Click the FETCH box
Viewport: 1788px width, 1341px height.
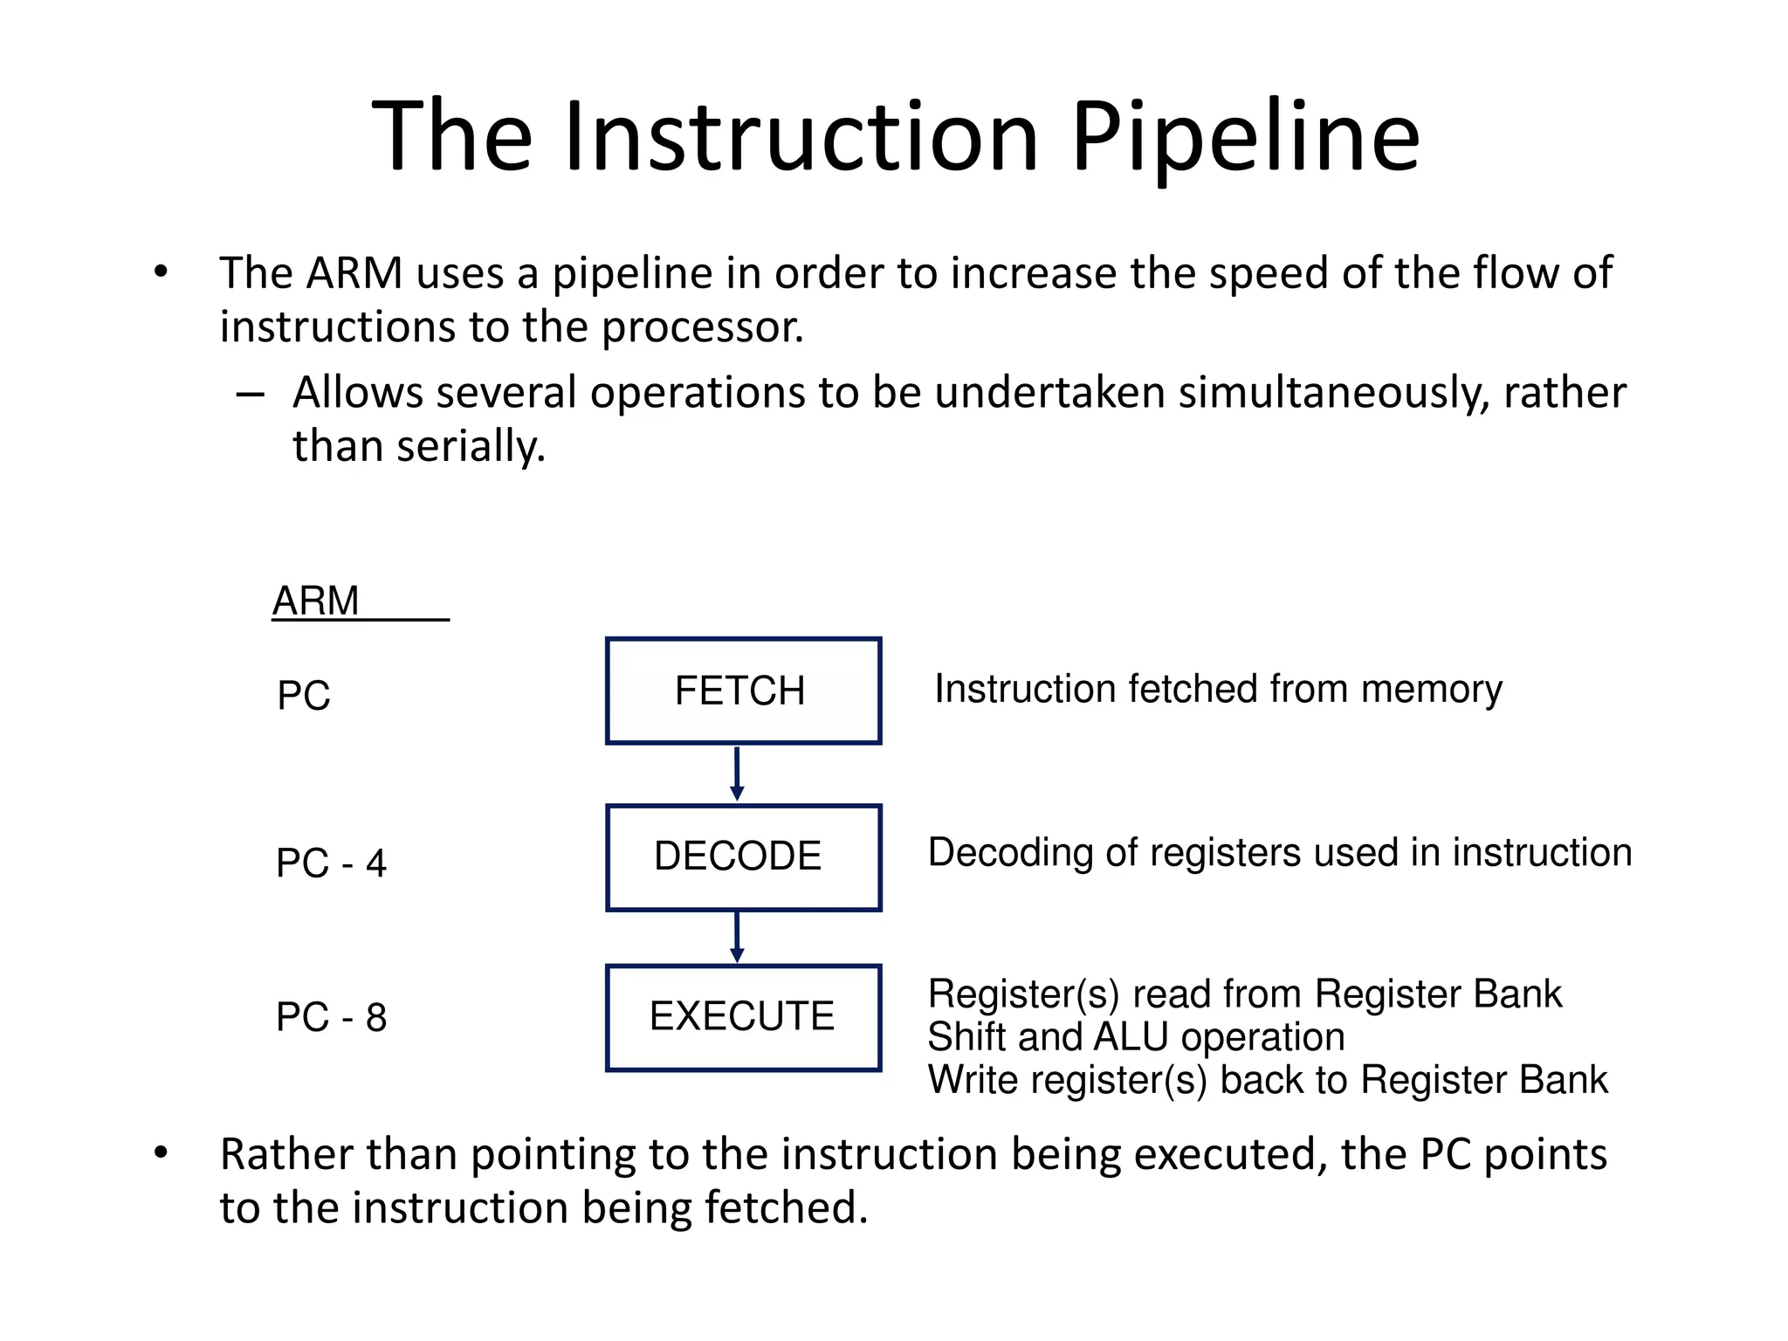pos(743,691)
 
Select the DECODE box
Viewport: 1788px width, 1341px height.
pos(743,857)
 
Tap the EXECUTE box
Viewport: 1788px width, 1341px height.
pos(743,1017)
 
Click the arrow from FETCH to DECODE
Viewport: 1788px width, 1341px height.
pos(737,774)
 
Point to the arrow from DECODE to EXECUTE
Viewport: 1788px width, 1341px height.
pos(737,937)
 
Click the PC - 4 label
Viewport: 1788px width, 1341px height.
pos(331,863)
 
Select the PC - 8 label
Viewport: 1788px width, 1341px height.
pos(331,1017)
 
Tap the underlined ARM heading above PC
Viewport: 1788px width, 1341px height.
pos(316,601)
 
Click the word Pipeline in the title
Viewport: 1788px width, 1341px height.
pos(1245,137)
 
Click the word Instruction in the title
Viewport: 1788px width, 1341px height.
pos(801,137)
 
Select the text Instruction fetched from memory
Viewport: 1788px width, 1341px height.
pos(1218,689)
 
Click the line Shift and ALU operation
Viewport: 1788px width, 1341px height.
pos(1135,1037)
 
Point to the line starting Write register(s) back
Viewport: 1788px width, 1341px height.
pos(1266,1080)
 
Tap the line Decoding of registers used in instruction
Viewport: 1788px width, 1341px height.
pos(1279,852)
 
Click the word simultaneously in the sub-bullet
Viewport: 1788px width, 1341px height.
pos(1334,393)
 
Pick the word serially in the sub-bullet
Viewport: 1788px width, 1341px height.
pos(470,447)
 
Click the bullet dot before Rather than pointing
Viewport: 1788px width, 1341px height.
pos(161,1153)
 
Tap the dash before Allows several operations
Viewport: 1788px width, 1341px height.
pos(250,395)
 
